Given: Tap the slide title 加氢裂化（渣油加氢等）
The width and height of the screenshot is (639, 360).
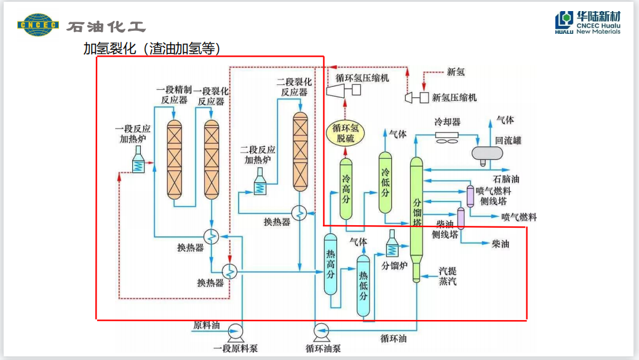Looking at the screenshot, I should (x=152, y=49).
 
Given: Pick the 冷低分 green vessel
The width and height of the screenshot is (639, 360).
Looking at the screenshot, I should (x=386, y=182).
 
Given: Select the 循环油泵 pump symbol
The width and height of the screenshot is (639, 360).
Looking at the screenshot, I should (x=321, y=331).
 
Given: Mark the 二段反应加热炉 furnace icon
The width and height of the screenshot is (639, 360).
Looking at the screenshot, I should (x=261, y=184).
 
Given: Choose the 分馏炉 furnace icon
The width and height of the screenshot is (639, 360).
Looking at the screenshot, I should (x=392, y=247).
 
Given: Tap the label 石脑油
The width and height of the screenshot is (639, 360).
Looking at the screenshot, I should (x=506, y=179).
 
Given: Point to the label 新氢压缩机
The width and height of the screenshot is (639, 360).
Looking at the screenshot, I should (x=455, y=98).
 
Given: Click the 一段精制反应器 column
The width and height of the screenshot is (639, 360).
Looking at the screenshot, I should (x=175, y=158).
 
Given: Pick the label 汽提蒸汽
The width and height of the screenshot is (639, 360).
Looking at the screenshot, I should (x=447, y=276).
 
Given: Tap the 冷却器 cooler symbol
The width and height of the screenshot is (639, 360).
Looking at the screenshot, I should (x=447, y=136).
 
